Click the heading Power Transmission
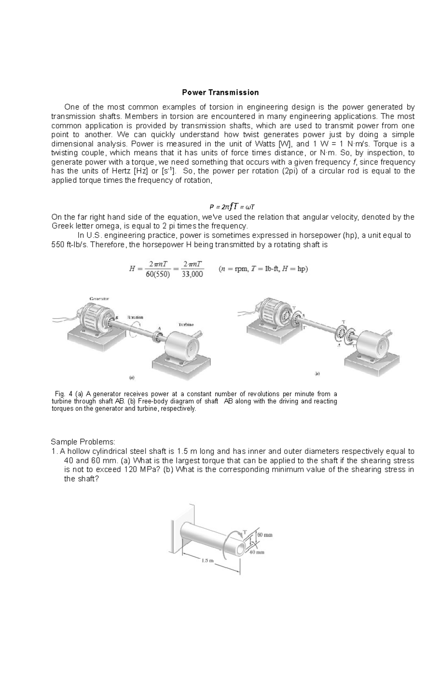tap(220, 92)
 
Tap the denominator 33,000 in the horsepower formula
tap(192, 274)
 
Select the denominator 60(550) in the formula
tap(158, 274)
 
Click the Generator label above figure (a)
tap(99, 299)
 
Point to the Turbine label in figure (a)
tap(186, 325)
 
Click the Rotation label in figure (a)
tap(135, 317)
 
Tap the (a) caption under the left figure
tap(131, 377)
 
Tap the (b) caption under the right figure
tap(317, 374)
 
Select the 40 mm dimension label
tap(257, 552)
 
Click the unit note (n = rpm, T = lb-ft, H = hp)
tap(263, 269)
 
